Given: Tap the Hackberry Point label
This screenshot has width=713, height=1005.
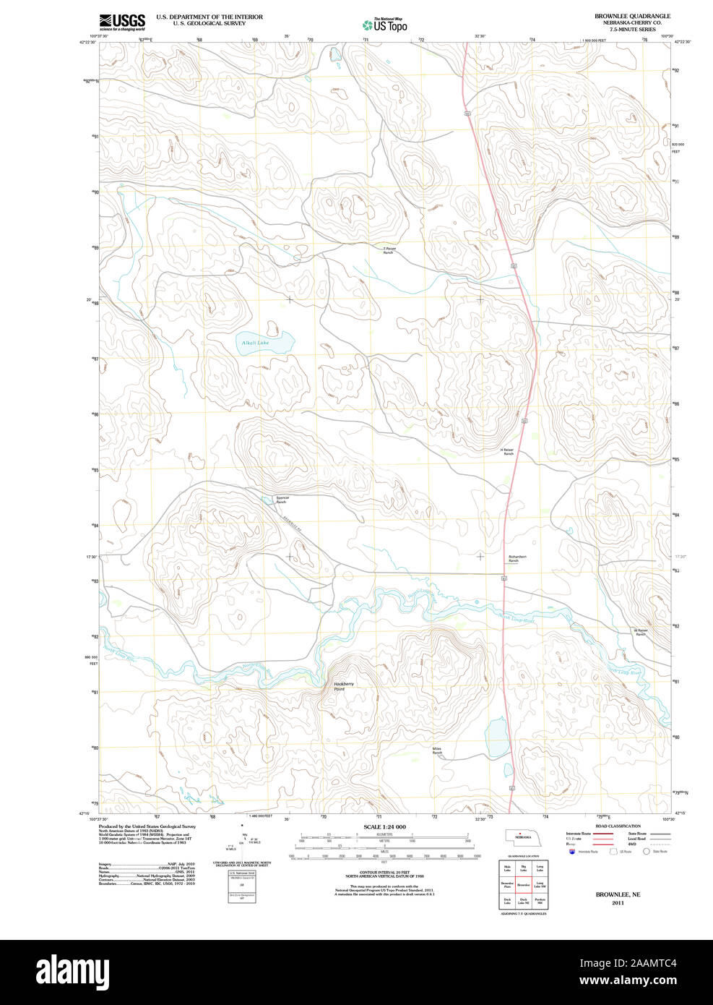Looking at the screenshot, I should pos(343,686).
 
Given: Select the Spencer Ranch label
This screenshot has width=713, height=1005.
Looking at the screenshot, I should pos(282,500).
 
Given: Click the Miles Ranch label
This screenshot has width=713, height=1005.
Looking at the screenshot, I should pos(437,750).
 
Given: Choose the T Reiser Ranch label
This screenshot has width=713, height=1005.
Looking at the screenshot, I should pos(389,251).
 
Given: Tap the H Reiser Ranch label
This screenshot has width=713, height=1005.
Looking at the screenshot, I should pos(508,452).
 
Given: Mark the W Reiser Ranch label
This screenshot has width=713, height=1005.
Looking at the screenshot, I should pos(641,632).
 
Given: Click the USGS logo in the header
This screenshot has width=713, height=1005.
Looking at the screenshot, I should pos(122,22).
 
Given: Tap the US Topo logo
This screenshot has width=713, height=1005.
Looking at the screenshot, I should pos(384,25).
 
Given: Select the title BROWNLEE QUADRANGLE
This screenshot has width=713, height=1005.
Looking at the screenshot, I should pos(632,16).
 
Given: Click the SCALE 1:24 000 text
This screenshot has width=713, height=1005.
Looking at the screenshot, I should pos(384,826).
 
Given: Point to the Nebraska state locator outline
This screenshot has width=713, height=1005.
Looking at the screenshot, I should pos(521,837).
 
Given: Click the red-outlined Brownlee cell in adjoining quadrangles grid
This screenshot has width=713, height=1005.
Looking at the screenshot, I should pos(523,884).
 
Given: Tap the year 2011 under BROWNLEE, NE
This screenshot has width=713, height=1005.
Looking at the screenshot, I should pos(618,903).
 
